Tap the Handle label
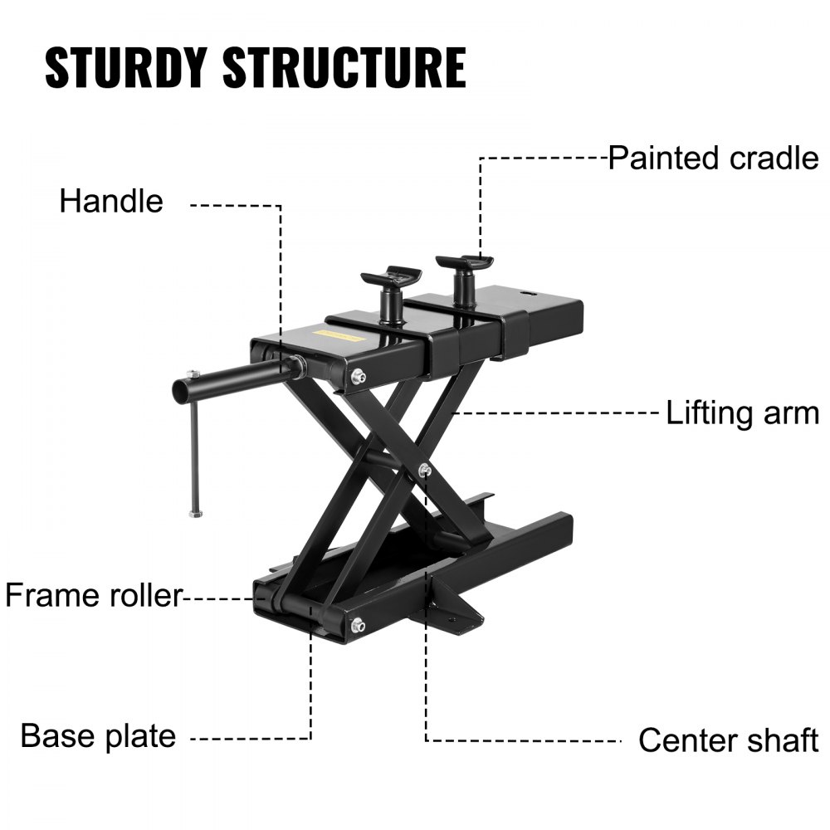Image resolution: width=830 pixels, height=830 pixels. (x=111, y=202)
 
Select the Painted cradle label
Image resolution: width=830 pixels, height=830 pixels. (x=713, y=158)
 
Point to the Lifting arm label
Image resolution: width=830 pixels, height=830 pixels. (x=742, y=413)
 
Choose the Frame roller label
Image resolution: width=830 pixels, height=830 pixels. (x=93, y=595)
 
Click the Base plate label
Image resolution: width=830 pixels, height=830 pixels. (x=98, y=735)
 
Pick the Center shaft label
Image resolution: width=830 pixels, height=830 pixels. (x=728, y=740)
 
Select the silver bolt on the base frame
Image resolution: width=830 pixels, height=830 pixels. (x=358, y=625)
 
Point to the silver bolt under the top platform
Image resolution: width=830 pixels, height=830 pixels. (x=357, y=378)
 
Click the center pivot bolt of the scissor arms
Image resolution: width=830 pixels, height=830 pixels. (x=425, y=471)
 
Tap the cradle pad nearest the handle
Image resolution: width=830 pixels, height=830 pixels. (x=391, y=276)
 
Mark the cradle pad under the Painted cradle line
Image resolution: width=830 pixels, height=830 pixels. (x=465, y=263)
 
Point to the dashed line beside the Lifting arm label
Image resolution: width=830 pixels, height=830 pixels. (x=556, y=413)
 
